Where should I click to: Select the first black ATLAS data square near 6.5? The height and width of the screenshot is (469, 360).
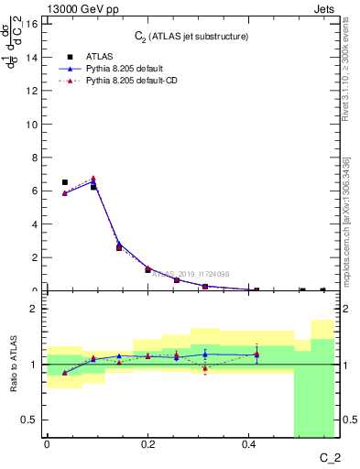(x=64, y=182)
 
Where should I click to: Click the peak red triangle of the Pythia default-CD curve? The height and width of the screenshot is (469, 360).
(x=93, y=179)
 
